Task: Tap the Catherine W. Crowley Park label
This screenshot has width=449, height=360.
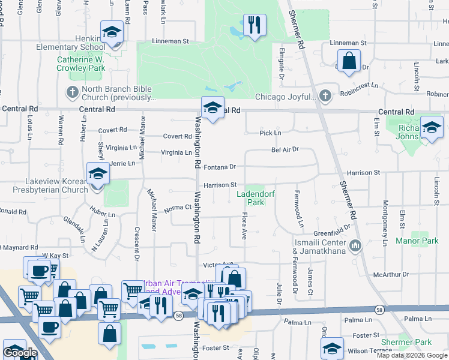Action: click(81, 64)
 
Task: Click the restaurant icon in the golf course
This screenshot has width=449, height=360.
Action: click(255, 25)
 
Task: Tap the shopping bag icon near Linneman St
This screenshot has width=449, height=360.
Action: click(349, 61)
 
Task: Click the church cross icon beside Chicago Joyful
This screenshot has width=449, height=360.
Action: click(325, 96)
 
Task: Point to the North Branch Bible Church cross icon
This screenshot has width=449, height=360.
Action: click(72, 92)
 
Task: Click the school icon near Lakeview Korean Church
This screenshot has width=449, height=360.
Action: click(98, 174)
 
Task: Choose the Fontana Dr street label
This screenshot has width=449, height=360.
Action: click(220, 167)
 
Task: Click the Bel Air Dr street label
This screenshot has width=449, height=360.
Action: click(285, 150)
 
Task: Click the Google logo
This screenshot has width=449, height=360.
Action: click(20, 353)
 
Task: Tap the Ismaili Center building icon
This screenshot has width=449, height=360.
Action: click(355, 245)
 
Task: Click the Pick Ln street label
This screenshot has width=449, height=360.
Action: click(270, 133)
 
